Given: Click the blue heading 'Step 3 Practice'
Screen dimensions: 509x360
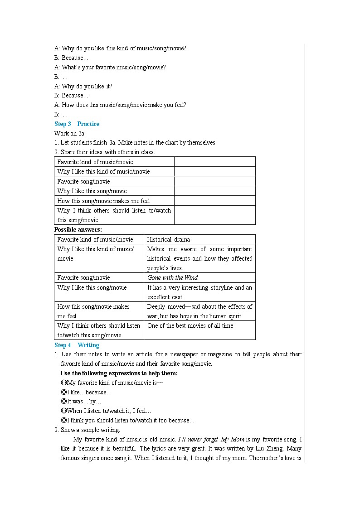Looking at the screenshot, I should (x=77, y=124).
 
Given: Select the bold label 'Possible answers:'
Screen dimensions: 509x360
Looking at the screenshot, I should (x=78, y=229).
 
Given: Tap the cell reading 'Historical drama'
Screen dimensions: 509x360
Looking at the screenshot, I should (x=169, y=239).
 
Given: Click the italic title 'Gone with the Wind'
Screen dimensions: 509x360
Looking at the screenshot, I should (x=173, y=277).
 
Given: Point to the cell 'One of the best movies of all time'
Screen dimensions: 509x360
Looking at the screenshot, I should (x=190, y=325).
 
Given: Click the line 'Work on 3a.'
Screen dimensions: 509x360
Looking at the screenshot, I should (x=70, y=133).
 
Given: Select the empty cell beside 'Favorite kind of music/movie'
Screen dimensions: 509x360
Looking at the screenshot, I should (x=214, y=162).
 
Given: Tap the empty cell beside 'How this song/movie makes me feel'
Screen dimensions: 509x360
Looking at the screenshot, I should (x=214, y=201).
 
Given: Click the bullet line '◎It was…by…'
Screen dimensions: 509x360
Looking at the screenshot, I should (x=81, y=401).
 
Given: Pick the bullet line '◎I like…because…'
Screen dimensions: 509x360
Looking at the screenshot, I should (x=86, y=392).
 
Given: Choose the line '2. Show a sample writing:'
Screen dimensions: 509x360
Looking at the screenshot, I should (x=87, y=430).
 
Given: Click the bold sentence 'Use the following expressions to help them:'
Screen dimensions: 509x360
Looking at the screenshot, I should (x=119, y=373).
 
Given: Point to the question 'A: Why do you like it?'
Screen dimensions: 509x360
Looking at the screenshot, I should (x=83, y=86).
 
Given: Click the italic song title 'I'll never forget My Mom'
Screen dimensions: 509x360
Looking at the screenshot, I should (x=211, y=439).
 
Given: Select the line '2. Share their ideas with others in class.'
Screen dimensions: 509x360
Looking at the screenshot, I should (x=104, y=152).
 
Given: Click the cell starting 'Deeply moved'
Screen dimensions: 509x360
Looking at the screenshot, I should (x=199, y=311).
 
